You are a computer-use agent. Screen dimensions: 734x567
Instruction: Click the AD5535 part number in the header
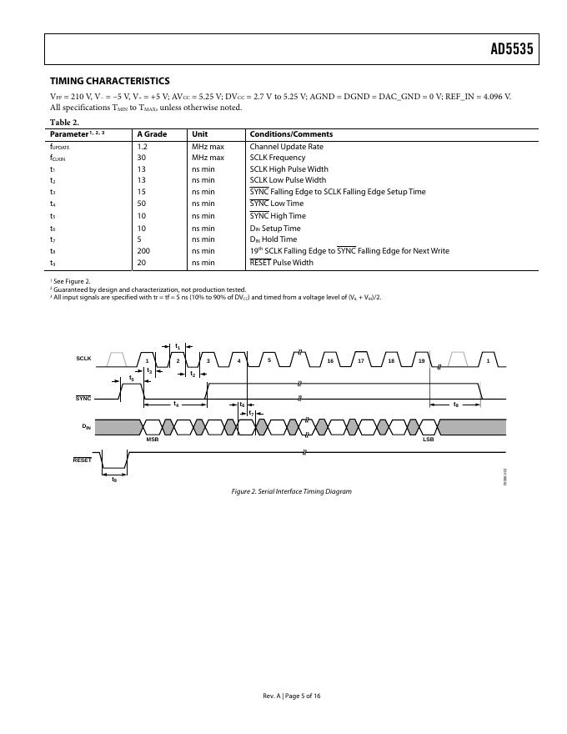click(x=510, y=49)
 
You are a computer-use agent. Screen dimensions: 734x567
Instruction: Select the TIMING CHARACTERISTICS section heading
click(x=110, y=81)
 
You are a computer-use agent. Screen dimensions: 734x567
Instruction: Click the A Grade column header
click(x=152, y=134)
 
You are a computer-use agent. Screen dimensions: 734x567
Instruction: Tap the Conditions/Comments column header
click(x=291, y=134)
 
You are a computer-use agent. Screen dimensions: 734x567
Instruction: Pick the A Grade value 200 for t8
click(x=144, y=251)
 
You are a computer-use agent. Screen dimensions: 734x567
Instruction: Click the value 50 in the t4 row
click(x=142, y=204)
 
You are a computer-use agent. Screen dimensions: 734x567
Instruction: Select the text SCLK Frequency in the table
click(x=278, y=158)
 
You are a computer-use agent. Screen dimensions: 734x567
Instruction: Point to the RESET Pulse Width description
click(x=281, y=263)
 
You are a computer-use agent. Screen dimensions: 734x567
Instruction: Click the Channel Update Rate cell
click(x=286, y=147)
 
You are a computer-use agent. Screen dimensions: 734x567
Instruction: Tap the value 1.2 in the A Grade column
click(x=143, y=147)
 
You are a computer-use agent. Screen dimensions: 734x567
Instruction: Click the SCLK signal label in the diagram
click(x=83, y=359)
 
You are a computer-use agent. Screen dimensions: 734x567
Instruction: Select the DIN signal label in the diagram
click(x=86, y=426)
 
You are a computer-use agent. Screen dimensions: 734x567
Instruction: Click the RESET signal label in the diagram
click(x=83, y=460)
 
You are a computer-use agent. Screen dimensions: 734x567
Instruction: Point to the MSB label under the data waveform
click(x=153, y=440)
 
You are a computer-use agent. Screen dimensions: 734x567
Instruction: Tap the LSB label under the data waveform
click(x=428, y=440)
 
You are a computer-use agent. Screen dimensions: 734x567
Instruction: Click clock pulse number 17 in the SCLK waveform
click(x=360, y=361)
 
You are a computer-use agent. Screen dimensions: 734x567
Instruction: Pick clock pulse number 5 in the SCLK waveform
click(x=269, y=361)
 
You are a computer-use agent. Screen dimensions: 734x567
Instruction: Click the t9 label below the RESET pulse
click(x=114, y=479)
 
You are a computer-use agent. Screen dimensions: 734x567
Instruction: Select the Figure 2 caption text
click(x=291, y=491)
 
